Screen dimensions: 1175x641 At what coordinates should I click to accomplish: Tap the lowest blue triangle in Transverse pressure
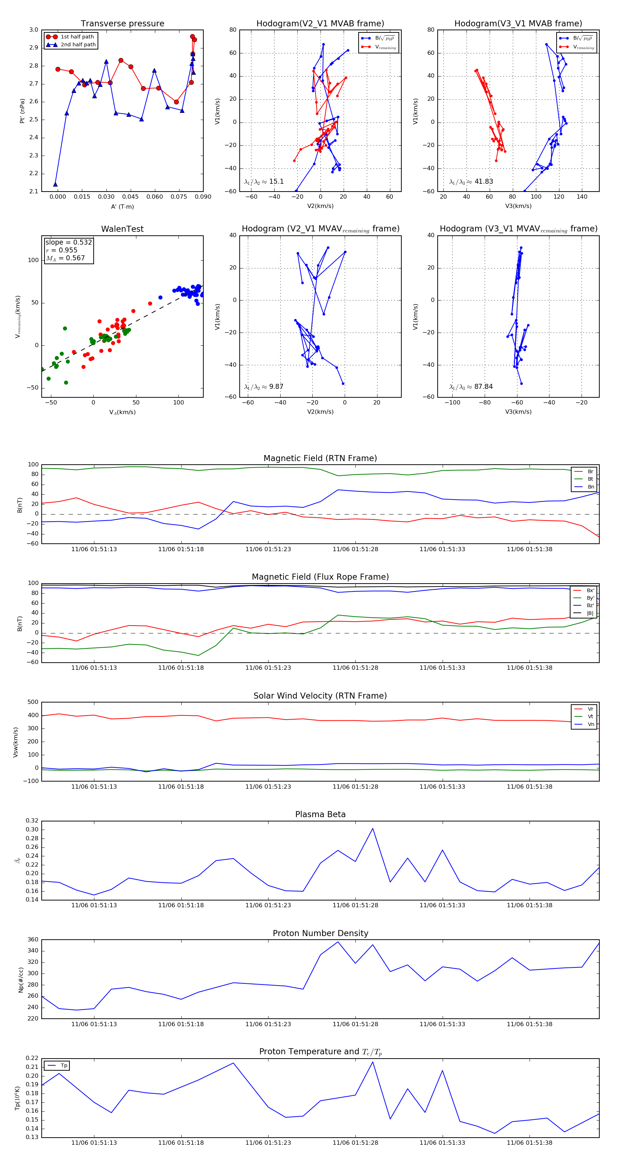pyautogui.click(x=55, y=184)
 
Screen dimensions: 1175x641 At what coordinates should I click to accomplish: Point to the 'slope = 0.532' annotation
pyautogui.click(x=68, y=242)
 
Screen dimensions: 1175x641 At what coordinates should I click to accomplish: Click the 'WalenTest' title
pyautogui.click(x=122, y=229)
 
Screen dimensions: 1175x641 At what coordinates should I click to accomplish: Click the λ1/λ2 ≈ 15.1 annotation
pyautogui.click(x=264, y=182)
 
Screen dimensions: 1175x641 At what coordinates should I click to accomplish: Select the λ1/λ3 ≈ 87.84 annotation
pyautogui.click(x=470, y=387)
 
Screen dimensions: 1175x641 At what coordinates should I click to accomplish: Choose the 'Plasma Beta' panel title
pyautogui.click(x=320, y=814)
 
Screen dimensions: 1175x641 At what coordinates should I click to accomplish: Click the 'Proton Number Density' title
pyautogui.click(x=320, y=933)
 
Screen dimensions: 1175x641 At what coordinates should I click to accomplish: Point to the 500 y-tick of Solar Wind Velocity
pyautogui.click(x=33, y=702)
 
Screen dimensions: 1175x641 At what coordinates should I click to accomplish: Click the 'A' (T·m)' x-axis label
pyautogui.click(x=122, y=207)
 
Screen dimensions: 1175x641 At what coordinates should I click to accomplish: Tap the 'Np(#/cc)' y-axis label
pyautogui.click(x=21, y=979)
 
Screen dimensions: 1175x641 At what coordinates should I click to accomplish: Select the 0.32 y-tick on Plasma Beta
pyautogui.click(x=32, y=821)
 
